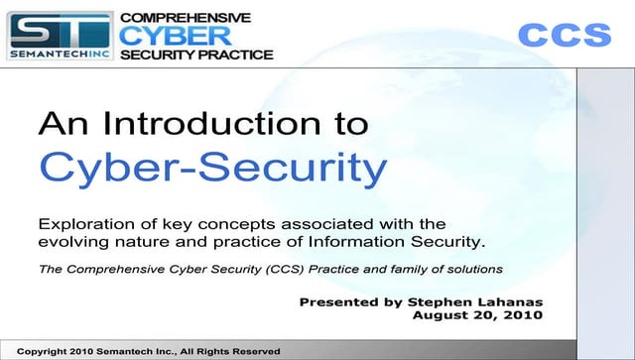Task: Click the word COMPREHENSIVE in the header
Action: (186, 18)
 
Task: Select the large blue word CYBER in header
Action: (178, 36)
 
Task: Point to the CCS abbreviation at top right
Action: (565, 36)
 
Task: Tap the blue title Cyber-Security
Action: (212, 169)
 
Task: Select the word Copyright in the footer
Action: (47, 351)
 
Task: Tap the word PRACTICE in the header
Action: (235, 55)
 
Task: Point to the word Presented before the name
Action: (336, 300)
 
